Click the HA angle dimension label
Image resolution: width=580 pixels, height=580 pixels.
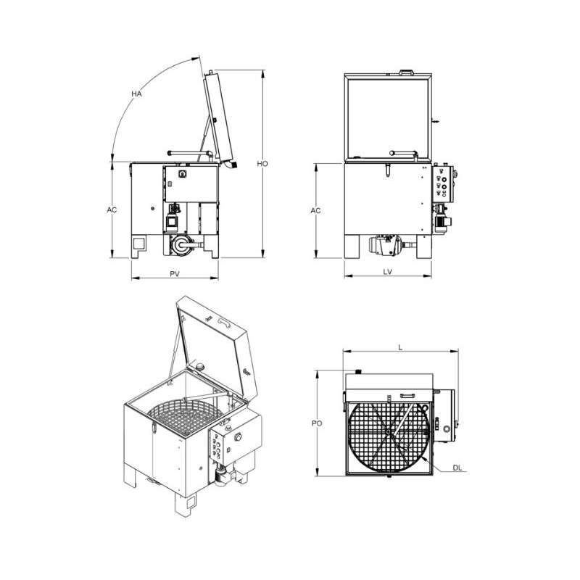(136, 94)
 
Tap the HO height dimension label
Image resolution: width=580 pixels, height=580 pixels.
(262, 164)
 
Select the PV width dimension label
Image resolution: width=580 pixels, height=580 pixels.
(175, 274)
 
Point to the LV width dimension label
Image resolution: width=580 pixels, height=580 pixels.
(387, 272)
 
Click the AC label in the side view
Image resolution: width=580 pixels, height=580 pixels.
(112, 210)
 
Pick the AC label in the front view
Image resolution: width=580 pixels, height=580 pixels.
(315, 210)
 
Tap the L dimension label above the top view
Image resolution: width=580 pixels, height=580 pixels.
(400, 348)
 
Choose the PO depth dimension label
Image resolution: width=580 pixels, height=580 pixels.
(317, 423)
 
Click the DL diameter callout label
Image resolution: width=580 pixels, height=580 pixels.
(457, 468)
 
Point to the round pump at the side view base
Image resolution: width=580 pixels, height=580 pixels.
(182, 244)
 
